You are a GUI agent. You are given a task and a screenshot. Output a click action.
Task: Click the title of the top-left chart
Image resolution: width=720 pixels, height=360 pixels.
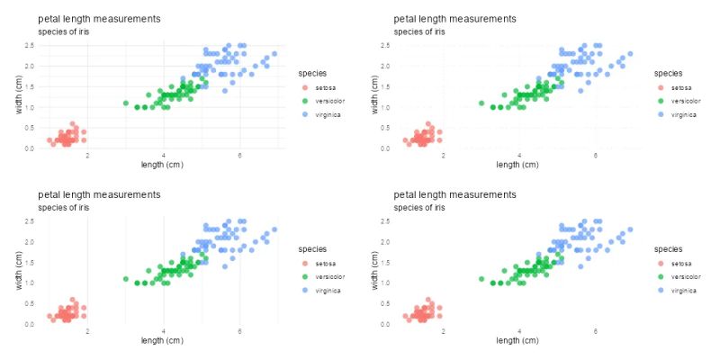(x=99, y=19)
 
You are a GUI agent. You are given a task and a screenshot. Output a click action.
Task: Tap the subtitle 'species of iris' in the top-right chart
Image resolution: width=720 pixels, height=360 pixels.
(x=419, y=31)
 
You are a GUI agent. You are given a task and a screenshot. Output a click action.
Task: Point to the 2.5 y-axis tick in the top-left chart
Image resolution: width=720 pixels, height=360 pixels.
(x=30, y=46)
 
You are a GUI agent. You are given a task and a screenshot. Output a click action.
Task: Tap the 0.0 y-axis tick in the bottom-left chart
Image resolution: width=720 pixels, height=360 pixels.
(x=30, y=324)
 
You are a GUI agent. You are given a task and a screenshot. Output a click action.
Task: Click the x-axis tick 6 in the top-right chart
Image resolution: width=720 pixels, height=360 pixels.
(x=596, y=156)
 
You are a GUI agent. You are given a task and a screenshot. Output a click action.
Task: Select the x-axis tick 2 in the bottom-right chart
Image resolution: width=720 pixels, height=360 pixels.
(x=443, y=331)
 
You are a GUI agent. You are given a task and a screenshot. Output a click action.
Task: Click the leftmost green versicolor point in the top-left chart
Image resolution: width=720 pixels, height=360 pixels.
(x=126, y=103)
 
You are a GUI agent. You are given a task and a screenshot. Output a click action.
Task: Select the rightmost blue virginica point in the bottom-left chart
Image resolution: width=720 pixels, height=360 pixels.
(x=274, y=229)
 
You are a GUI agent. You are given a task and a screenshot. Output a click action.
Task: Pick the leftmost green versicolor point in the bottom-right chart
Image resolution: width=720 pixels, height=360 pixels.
(x=481, y=279)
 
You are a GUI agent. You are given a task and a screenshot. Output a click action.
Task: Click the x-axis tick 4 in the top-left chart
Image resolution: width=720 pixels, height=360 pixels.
(x=164, y=156)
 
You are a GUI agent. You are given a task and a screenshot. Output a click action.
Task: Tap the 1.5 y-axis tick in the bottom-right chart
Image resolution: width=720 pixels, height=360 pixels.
(x=385, y=262)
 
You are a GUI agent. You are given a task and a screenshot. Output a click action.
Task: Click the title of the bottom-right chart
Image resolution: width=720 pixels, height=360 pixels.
(x=455, y=194)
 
